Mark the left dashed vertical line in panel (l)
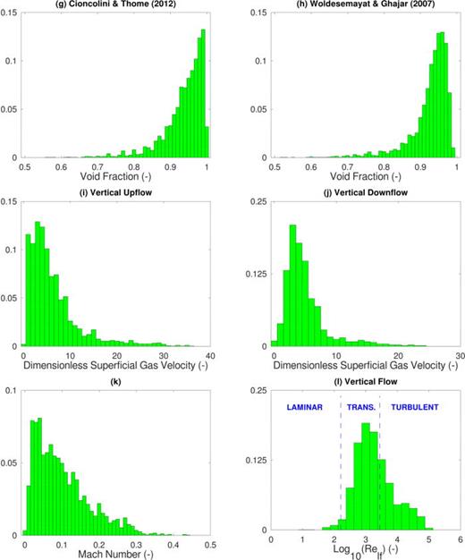pos(341,465)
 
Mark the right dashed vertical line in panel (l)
pos(380,465)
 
